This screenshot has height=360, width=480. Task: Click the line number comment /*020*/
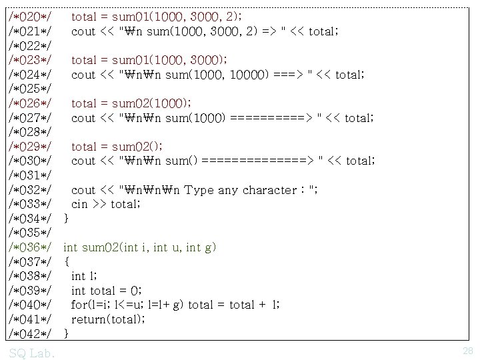coord(31,17)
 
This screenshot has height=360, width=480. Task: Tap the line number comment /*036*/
coord(31,247)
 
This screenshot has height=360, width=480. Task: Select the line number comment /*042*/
coord(31,333)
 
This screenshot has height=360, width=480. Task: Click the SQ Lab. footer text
coord(32,352)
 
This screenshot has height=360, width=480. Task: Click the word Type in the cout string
coord(199,190)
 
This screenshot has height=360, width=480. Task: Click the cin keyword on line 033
coord(80,204)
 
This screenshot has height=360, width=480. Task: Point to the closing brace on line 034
coord(66,219)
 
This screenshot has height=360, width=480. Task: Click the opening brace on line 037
coord(66,262)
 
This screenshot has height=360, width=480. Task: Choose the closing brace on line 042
coord(66,333)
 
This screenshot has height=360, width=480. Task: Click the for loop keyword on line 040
coord(79,305)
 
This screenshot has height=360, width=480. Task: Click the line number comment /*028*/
coord(31,132)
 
